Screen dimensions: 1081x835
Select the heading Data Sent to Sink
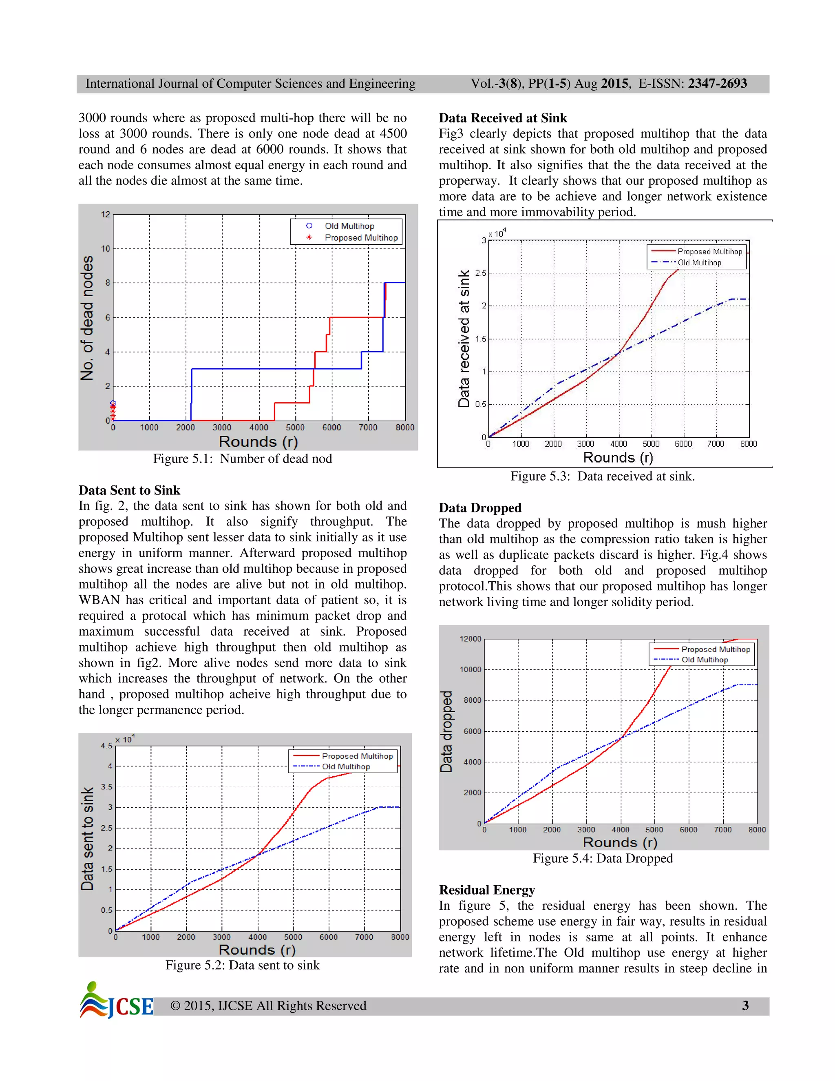point(129,490)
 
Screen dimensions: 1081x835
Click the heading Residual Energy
point(487,890)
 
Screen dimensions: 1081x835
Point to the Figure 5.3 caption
point(602,476)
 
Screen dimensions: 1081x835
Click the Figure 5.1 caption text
point(243,459)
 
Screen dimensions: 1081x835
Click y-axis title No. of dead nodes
point(87,318)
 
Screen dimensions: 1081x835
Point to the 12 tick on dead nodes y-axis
point(105,214)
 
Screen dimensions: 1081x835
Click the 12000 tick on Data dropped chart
point(470,639)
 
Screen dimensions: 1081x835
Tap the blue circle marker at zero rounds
point(113,403)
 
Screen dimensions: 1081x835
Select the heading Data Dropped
point(480,508)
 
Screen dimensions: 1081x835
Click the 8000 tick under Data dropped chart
point(756,830)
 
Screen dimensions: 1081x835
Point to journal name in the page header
point(250,84)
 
